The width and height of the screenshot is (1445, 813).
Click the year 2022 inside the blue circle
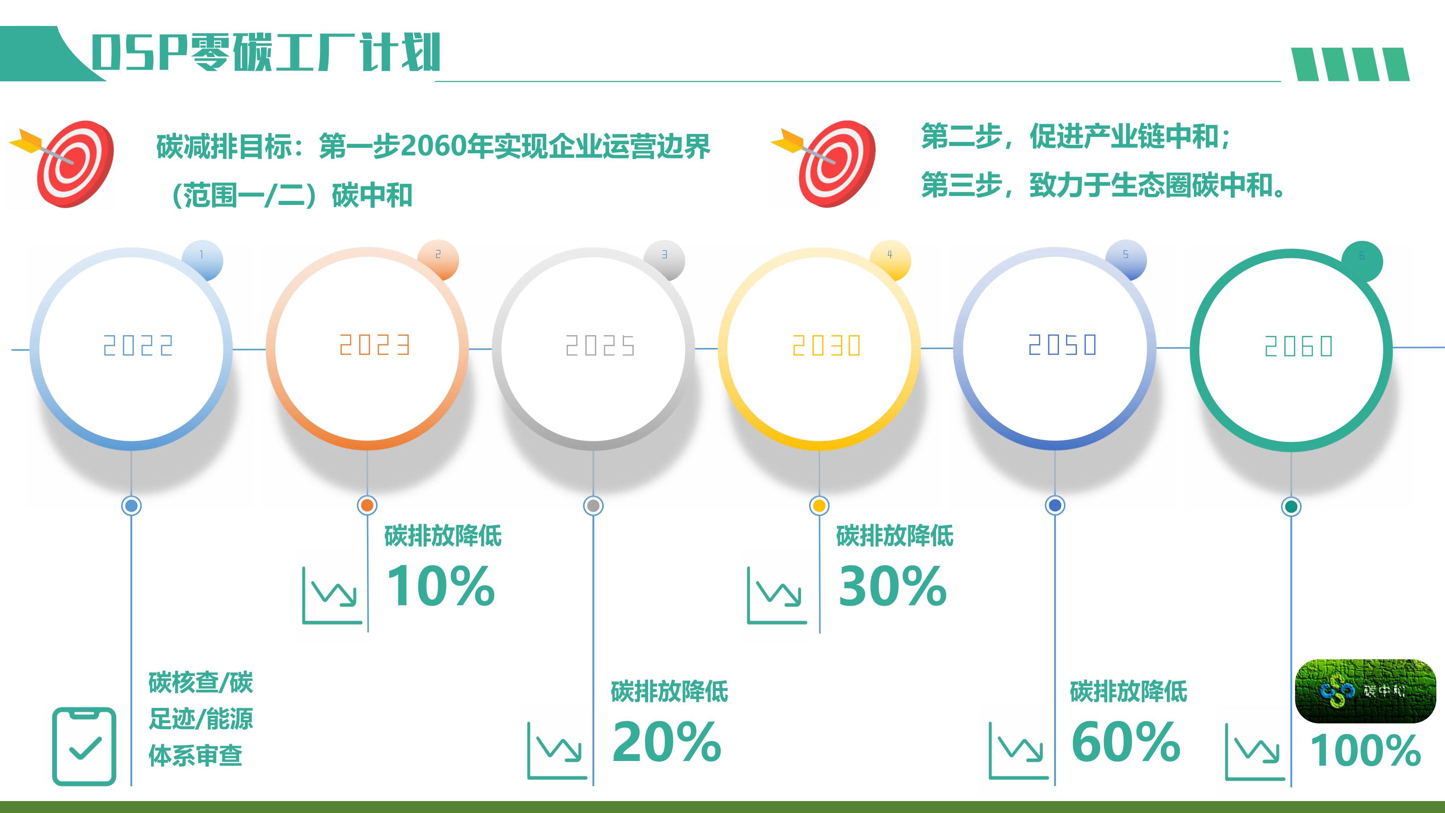click(138, 346)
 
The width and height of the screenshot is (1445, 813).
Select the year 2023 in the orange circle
click(375, 345)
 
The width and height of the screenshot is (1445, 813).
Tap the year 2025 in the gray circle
click(600, 346)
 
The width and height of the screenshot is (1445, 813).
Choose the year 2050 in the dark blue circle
click(1062, 344)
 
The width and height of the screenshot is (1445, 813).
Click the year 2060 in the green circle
click(1299, 346)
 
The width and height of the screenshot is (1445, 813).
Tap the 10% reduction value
click(441, 586)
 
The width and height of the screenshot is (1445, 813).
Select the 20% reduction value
click(667, 742)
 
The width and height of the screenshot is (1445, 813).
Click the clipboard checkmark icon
click(84, 746)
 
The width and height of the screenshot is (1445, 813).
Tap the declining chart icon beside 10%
click(332, 595)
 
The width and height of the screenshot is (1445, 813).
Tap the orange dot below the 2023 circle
click(367, 506)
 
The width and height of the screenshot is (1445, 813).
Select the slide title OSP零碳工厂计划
click(266, 52)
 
